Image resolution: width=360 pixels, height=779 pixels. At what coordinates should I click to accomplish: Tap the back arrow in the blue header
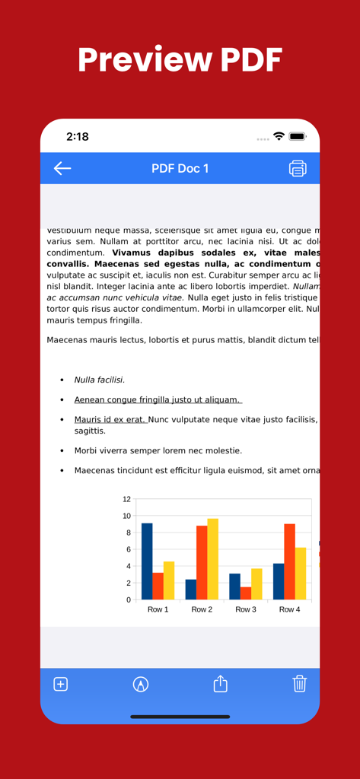point(62,168)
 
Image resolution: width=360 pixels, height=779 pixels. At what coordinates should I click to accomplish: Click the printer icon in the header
point(298,168)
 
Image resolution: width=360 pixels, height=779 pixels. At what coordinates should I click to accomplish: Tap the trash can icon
point(299,683)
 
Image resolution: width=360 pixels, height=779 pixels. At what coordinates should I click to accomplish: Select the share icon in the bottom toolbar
point(220,684)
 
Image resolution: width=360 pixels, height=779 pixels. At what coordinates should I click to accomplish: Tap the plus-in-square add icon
point(61,684)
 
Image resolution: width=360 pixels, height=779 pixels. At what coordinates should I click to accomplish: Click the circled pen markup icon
point(141,684)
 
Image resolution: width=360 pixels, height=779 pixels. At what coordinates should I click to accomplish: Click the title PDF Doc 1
point(180,168)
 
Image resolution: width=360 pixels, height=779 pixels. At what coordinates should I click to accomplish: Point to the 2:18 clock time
point(78,137)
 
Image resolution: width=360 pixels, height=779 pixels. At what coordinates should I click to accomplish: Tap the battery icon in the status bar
point(297,137)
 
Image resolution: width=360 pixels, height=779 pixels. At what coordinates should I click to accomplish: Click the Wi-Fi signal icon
point(279,137)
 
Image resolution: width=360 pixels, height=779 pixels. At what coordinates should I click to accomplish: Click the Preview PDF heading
point(180,59)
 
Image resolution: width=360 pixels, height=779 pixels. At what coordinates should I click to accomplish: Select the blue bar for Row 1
point(147,561)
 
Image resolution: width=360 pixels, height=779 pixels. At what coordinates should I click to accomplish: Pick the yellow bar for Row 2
point(212,559)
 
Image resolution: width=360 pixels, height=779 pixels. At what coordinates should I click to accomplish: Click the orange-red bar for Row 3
point(245,593)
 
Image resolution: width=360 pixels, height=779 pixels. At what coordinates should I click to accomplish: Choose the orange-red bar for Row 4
point(289,561)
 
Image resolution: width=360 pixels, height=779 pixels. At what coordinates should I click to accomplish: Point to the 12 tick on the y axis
point(126,499)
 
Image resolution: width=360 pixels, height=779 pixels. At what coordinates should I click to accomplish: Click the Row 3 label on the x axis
point(245,609)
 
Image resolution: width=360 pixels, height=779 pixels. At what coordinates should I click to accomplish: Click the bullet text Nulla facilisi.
point(99,380)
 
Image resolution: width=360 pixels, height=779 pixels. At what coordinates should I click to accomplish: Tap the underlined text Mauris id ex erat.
point(110,419)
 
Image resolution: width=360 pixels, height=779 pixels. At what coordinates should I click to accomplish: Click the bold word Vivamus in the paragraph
point(135,253)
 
